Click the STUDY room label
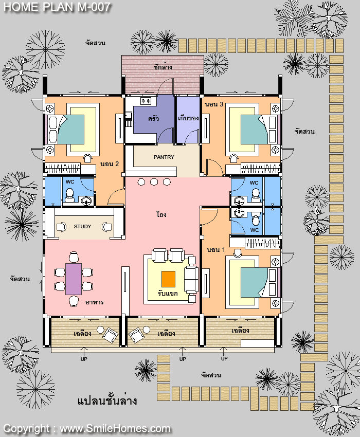point(82,226)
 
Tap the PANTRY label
point(164,157)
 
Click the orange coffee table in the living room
point(168,279)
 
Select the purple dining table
point(74,279)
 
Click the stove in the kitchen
point(146,101)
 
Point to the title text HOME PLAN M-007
point(57,7)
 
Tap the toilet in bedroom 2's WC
point(69,195)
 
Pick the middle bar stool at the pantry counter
point(154,182)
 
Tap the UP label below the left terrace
point(84,359)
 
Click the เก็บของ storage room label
point(188,118)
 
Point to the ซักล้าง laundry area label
point(163,67)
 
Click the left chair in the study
point(61,227)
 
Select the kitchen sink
point(128,115)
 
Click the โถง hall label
point(161,214)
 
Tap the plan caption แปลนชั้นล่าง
point(107,400)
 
